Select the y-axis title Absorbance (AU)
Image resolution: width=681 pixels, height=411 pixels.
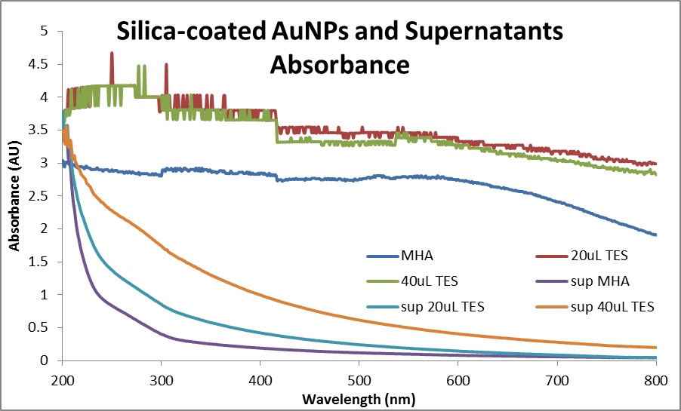[14, 195]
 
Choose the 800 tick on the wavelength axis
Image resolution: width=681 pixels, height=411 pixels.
[656, 379]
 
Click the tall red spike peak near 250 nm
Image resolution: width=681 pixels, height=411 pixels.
[112, 54]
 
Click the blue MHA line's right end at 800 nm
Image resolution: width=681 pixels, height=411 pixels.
[655, 235]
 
